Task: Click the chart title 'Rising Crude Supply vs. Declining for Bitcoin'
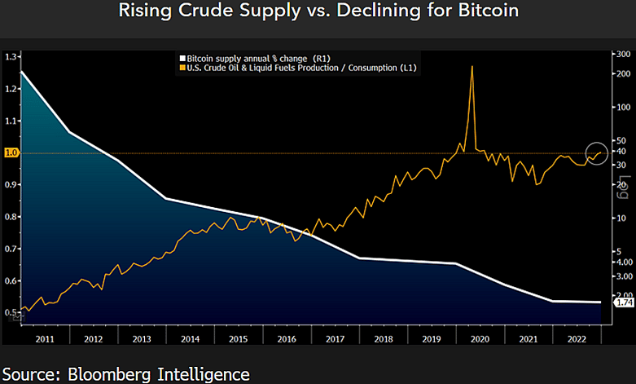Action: [x=318, y=12]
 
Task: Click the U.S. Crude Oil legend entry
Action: [x=302, y=68]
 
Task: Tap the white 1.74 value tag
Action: [x=625, y=303]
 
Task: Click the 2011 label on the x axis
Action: [x=45, y=338]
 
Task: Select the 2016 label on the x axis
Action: [x=287, y=338]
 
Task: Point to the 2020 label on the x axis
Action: [x=480, y=338]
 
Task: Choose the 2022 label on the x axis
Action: [x=576, y=338]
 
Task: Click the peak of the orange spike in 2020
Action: [x=473, y=66]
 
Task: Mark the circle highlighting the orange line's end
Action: [x=597, y=152]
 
